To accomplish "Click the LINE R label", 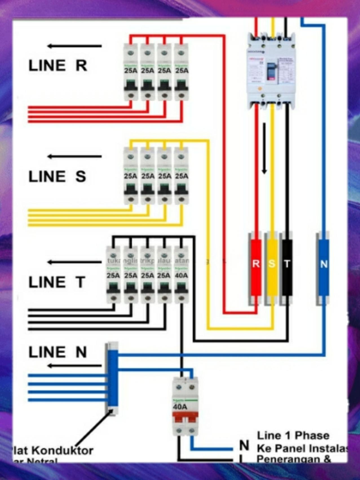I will point(58,66).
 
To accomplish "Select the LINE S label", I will point(57,176).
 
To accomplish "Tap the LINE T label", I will point(57,282).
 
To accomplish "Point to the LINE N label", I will point(58,352).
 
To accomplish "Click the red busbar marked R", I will point(256,267).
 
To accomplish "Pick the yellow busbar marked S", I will point(272,267).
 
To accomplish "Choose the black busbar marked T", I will point(287,267).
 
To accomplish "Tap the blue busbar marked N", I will point(324,267).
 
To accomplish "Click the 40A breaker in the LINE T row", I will point(182,275).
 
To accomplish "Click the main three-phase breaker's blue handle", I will point(271,70).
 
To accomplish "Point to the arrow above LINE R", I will point(74,46).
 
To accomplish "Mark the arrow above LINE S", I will point(74,156).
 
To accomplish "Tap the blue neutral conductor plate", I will point(113,378).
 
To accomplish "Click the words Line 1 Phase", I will point(293,436).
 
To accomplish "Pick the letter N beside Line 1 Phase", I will point(244,446).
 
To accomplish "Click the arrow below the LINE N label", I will point(74,366).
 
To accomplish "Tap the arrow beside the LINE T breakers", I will point(74,262).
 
